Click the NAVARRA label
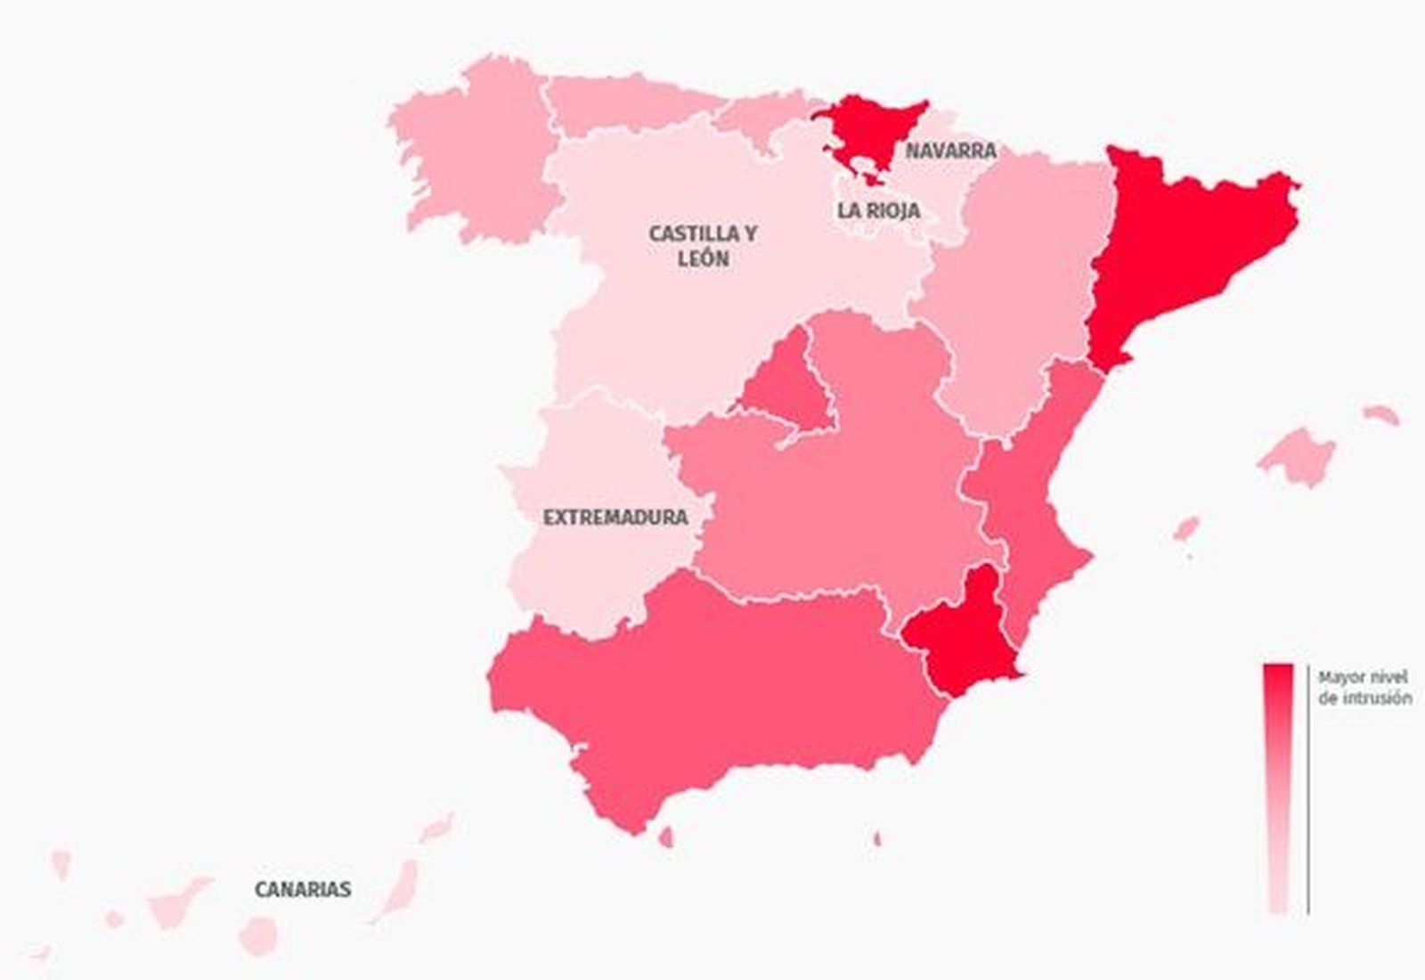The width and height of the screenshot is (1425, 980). click(950, 151)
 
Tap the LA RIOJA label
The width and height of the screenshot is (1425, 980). click(877, 211)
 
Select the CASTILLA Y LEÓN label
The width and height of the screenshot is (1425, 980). click(703, 246)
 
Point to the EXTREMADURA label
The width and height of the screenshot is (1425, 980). click(615, 517)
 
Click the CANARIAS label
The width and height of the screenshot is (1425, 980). click(303, 889)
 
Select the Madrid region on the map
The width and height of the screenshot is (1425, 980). click(784, 383)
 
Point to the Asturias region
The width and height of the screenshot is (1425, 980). click(623, 102)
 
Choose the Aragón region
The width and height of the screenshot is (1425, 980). click(1015, 285)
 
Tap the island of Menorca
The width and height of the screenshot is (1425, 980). click(1381, 414)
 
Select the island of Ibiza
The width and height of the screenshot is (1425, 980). click(1185, 530)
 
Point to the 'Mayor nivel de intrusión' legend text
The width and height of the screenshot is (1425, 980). click(1364, 688)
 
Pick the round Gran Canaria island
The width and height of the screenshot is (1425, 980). click(258, 935)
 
